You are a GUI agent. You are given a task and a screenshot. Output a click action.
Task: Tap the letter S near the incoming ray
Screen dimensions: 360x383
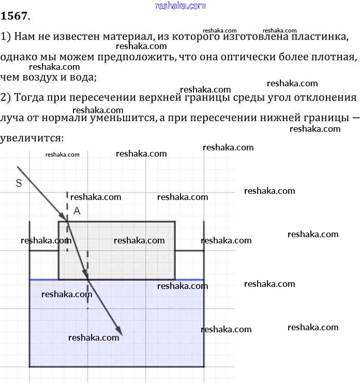pos(19,183)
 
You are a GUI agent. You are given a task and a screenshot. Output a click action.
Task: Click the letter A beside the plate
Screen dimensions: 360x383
pos(77,211)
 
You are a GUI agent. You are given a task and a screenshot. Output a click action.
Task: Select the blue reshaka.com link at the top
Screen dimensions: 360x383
pos(181,6)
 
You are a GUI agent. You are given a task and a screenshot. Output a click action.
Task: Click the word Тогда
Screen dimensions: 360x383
pos(29,98)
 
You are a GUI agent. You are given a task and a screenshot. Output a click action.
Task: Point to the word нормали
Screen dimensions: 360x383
pos(64,118)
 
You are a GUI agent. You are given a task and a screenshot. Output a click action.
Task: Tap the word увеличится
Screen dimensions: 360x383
pos(32,139)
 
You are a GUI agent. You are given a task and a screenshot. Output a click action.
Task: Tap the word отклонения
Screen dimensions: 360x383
pos(325,98)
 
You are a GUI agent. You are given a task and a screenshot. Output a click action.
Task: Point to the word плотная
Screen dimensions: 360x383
pos(334,57)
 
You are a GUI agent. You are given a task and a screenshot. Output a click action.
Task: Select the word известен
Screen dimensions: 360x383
pos(77,37)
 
